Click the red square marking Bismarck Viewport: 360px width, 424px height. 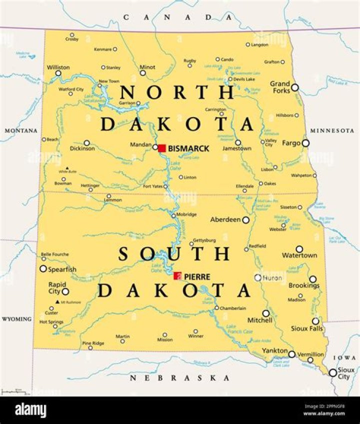tap(161, 148)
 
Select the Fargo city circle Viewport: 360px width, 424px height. tap(305, 143)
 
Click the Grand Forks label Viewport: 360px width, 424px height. tap(280, 87)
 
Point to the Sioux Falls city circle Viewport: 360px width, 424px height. tap(315, 321)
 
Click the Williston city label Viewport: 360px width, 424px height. tap(58, 67)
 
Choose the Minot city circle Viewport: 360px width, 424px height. tap(142, 73)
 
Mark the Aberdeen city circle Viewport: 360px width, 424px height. tap(245, 220)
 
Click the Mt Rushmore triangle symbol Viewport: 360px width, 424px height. tap(57, 302)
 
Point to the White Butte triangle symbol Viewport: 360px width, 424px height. tap(67, 168)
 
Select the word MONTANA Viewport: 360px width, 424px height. tap(21, 130)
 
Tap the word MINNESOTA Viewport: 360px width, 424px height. tap(332, 130)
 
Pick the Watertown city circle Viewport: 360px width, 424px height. tap(299, 248)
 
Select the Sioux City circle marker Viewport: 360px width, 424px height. tap(332, 372)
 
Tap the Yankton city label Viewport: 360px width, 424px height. tap(274, 350)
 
